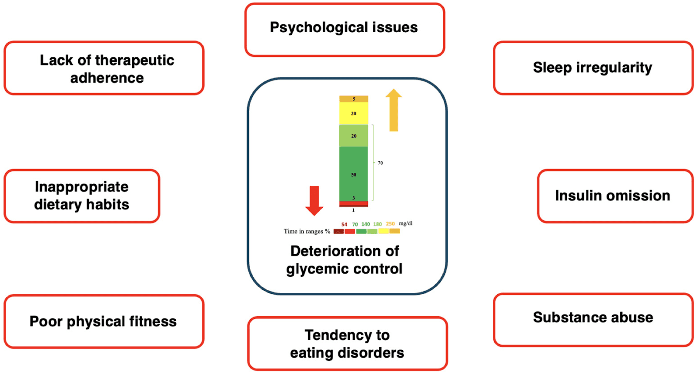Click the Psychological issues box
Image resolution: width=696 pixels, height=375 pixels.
pyautogui.click(x=345, y=30)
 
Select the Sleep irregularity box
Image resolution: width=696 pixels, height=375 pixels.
pyautogui.click(x=593, y=68)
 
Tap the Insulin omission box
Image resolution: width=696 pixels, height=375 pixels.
pyautogui.click(x=615, y=196)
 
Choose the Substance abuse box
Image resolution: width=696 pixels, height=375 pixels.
pyautogui.click(x=593, y=320)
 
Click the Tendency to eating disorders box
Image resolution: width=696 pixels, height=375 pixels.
pyautogui.click(x=348, y=344)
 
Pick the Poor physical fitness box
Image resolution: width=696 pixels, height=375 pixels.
pyautogui.click(x=104, y=321)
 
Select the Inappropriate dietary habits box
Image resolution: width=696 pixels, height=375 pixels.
pyautogui.click(x=82, y=196)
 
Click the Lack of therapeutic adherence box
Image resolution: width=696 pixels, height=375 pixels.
pyautogui.click(x=104, y=68)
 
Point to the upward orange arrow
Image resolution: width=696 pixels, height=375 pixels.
pyautogui.click(x=394, y=110)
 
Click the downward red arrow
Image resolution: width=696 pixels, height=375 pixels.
pyautogui.click(x=314, y=201)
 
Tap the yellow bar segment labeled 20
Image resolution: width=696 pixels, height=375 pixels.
pyautogui.click(x=354, y=113)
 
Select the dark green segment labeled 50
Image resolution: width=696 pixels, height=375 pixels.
pyautogui.click(x=354, y=174)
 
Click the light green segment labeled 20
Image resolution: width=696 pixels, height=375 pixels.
pyautogui.click(x=354, y=136)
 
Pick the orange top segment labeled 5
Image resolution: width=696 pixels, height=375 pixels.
pyautogui.click(x=354, y=99)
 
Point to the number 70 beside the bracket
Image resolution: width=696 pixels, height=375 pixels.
pyautogui.click(x=380, y=163)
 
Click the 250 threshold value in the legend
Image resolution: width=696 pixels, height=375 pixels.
pyautogui.click(x=390, y=223)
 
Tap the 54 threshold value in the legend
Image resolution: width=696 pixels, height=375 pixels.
pyautogui.click(x=344, y=224)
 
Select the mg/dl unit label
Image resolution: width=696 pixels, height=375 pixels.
pyautogui.click(x=406, y=223)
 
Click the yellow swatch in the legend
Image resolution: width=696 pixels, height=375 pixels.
pyautogui.click(x=383, y=231)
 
